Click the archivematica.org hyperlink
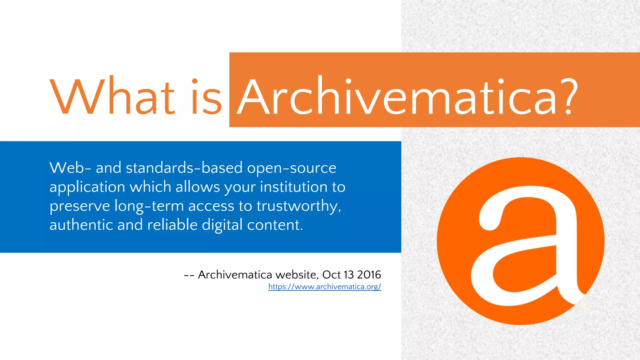click(325, 287)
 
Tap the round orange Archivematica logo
click(520, 241)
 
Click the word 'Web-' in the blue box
click(70, 168)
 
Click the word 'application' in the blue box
click(87, 187)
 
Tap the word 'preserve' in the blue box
click(80, 207)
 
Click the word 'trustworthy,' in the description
click(299, 207)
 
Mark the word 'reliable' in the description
click(172, 225)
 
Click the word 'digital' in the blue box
click(222, 225)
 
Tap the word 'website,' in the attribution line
click(297, 275)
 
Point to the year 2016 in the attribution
click(369, 275)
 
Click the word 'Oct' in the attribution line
click(332, 275)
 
